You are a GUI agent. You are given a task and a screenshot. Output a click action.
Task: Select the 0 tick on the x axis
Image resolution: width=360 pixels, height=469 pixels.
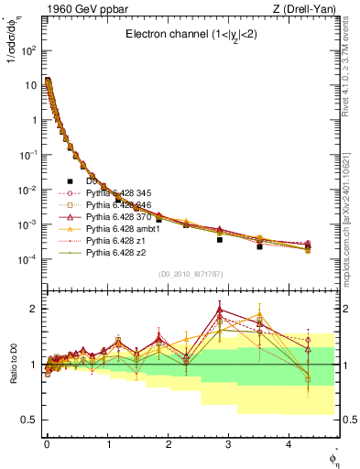tap(47, 450)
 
